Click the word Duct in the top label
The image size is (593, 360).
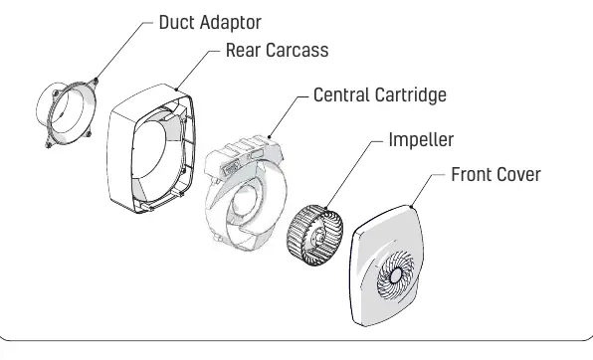tap(177, 22)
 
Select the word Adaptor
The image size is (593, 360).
tap(231, 23)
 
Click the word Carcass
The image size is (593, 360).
tap(296, 51)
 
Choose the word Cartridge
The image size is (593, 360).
tap(410, 95)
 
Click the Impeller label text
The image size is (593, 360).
tap(421, 140)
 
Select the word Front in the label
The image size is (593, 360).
tap(472, 175)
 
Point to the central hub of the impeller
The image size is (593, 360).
tap(317, 238)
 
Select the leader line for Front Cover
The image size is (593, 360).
tap(428, 190)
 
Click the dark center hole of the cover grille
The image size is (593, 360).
tap(396, 275)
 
